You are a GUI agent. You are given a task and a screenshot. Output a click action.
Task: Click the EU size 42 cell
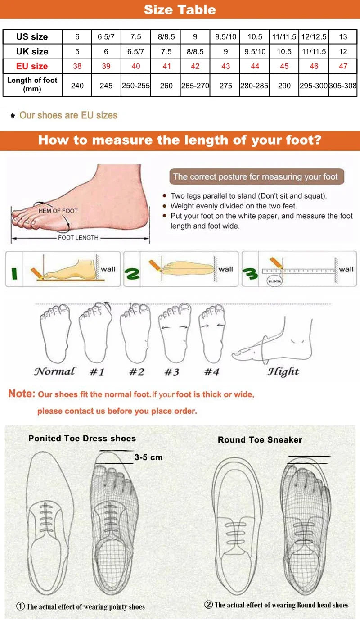point(195,66)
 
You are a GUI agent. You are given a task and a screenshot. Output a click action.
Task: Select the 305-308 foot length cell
point(343,85)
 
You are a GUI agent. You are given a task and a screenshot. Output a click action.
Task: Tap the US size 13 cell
point(343,37)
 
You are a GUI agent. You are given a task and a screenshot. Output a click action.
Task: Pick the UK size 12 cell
point(343,51)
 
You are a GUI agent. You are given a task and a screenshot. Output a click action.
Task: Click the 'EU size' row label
point(32,66)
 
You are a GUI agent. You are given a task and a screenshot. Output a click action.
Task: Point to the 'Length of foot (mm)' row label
point(32,85)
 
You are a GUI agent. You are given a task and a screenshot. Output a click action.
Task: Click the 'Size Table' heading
point(180,9)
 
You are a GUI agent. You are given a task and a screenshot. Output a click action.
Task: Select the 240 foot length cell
point(77,85)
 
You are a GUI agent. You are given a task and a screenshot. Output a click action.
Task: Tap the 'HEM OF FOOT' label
point(58,211)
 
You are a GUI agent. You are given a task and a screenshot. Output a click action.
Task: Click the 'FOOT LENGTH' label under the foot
point(78,238)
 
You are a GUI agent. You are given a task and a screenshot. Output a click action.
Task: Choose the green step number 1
point(14,272)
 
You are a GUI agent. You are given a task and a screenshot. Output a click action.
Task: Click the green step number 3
point(250,273)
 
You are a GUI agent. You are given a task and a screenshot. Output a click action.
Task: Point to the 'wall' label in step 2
point(226,269)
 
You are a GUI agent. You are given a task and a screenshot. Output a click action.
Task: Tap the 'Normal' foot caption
point(55,371)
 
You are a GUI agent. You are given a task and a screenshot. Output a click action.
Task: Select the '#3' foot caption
point(171,372)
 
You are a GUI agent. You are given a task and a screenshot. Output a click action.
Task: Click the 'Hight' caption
point(283,371)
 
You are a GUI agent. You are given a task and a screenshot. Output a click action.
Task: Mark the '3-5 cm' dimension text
point(148,457)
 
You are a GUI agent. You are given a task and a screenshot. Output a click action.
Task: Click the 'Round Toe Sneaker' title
point(260,440)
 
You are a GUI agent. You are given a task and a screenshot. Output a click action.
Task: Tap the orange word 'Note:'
point(22,394)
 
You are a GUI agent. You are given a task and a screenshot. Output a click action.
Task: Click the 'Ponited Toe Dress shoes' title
point(82,438)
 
